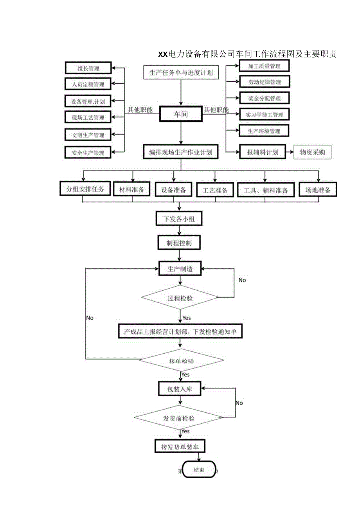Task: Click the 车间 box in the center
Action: [180, 115]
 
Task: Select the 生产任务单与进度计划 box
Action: [181, 72]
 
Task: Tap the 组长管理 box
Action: [88, 68]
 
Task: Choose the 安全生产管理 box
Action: [88, 153]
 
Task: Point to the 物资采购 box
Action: [312, 152]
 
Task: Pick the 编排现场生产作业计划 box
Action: [181, 152]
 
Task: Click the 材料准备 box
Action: [131, 190]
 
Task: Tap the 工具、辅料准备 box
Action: [266, 191]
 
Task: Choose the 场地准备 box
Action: [318, 190]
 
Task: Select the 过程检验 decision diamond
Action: [180, 298]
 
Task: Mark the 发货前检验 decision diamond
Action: [179, 418]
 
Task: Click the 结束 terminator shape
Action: [199, 470]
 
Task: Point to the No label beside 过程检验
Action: [242, 280]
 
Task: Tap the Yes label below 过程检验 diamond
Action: [187, 318]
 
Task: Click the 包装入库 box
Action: [180, 389]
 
